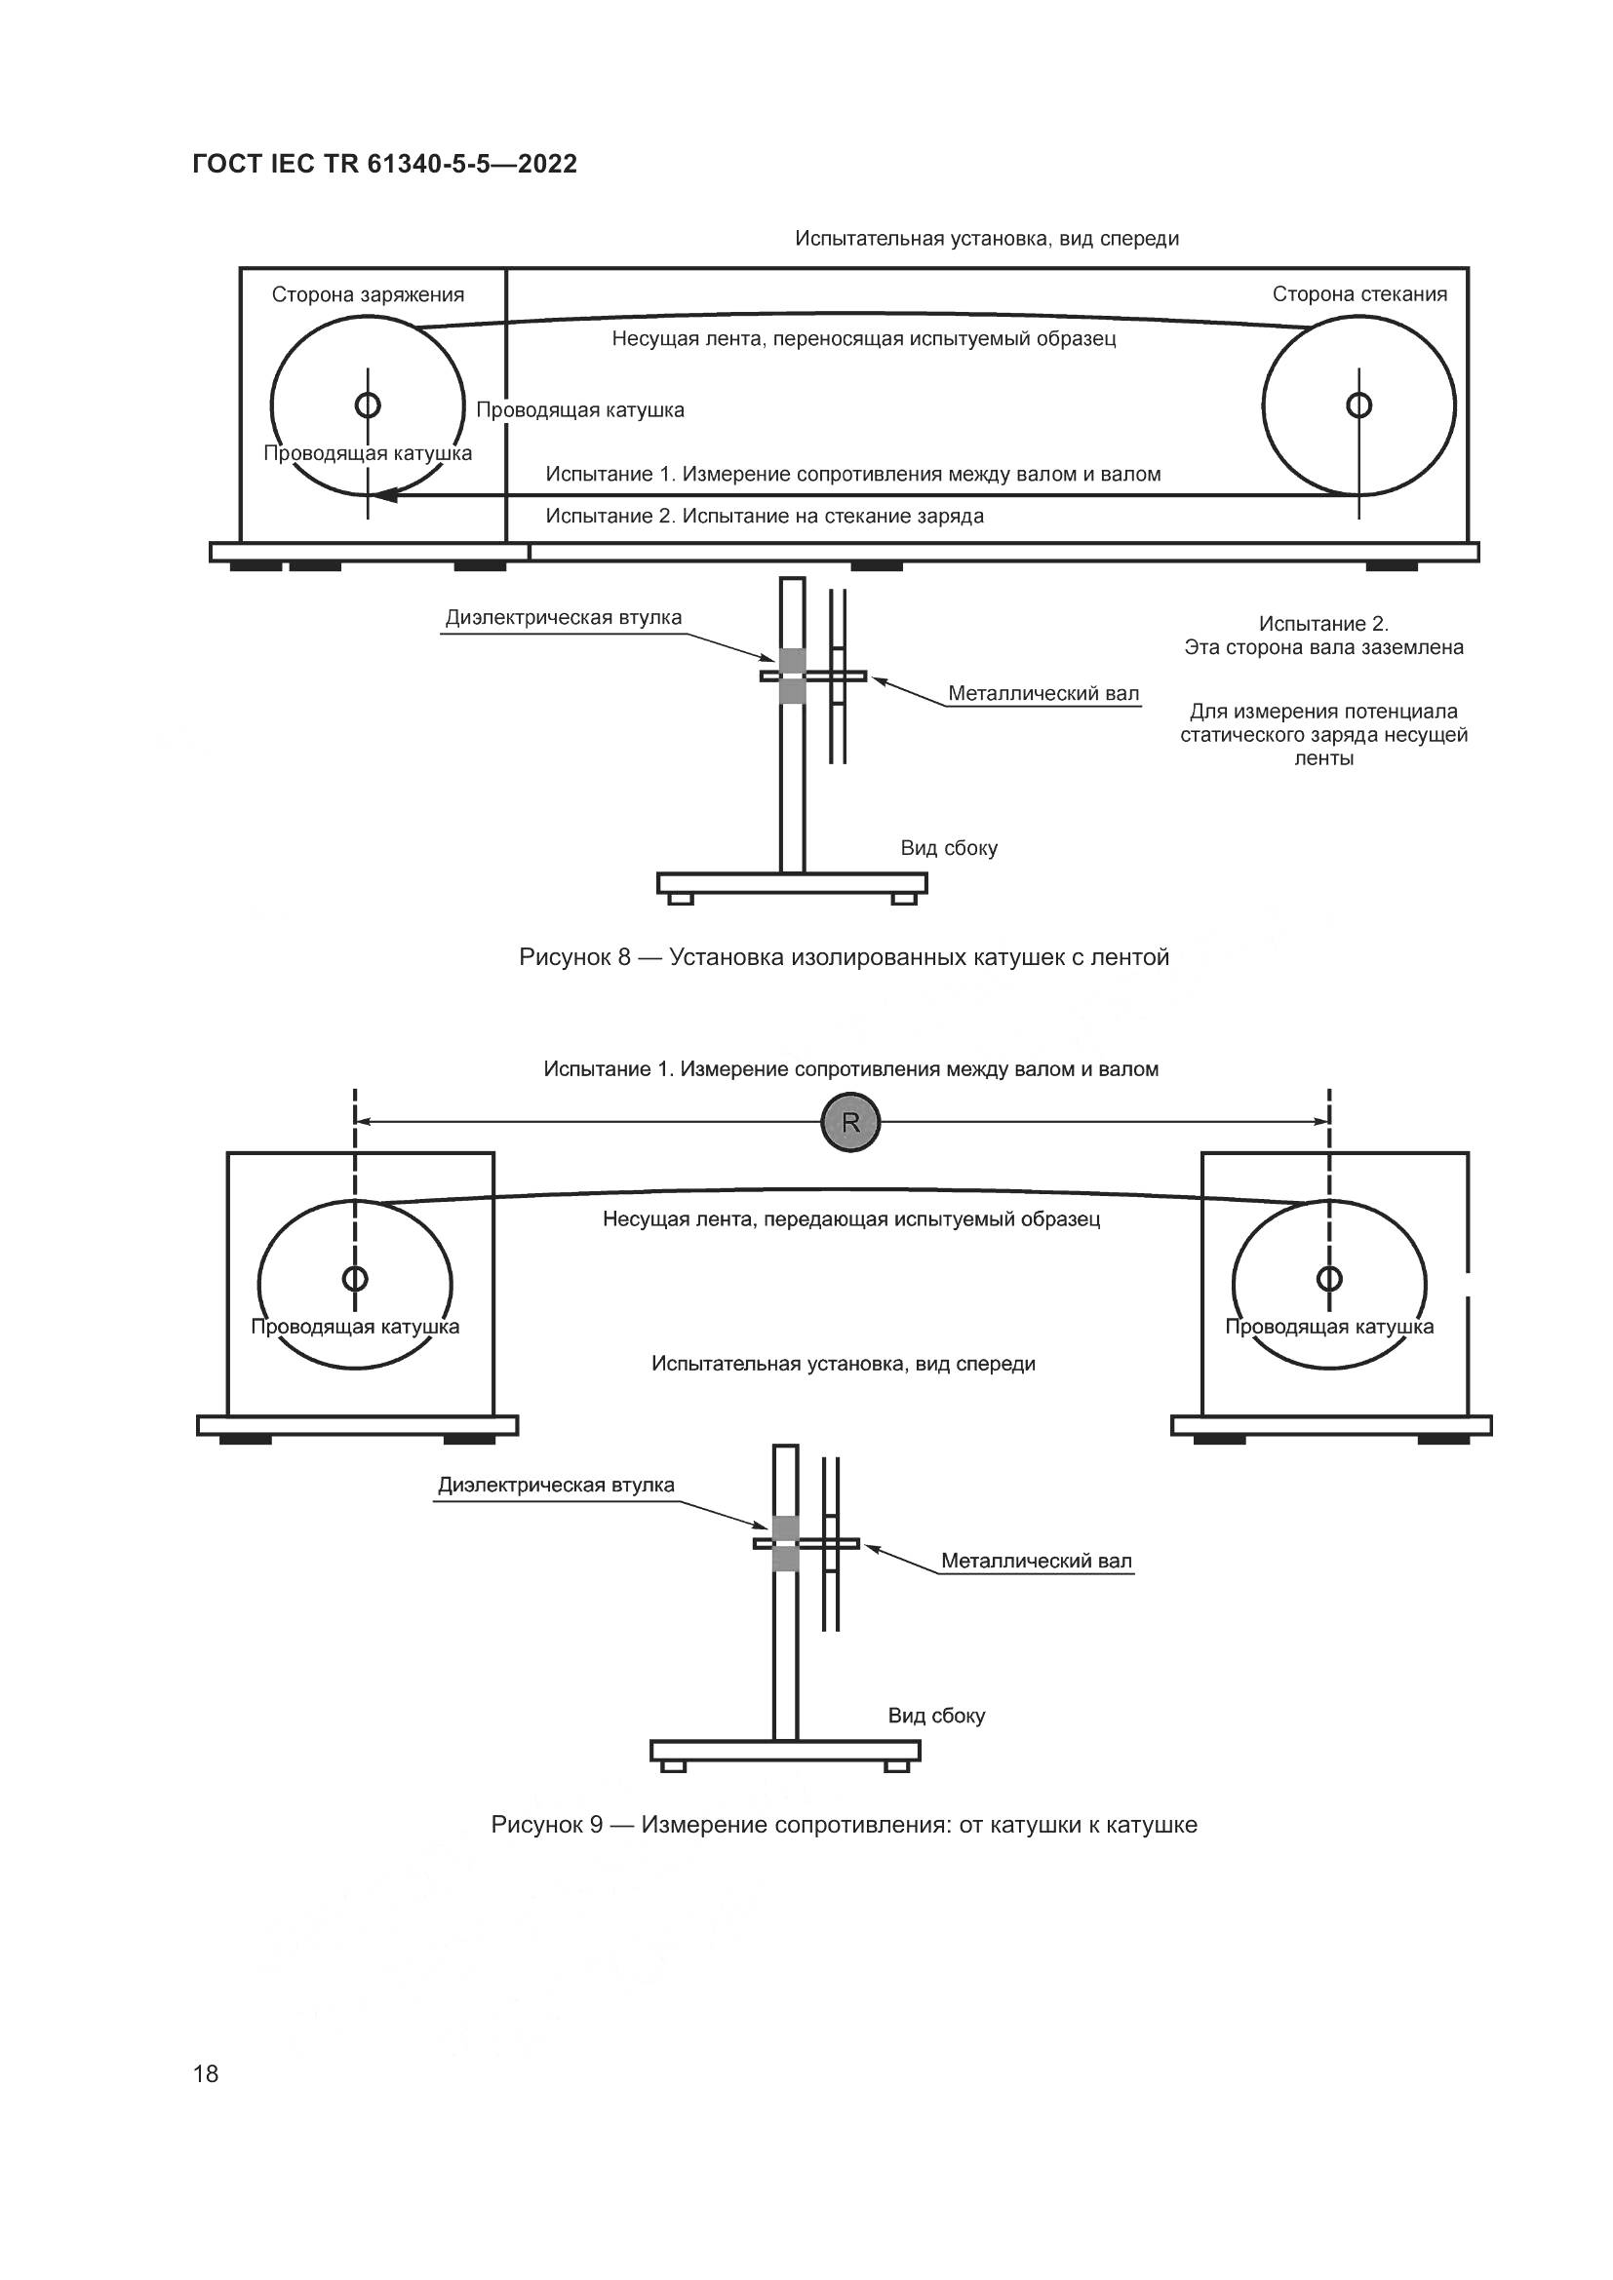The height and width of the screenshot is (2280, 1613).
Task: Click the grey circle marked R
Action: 850,1122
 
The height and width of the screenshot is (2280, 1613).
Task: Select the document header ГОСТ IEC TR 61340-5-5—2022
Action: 384,164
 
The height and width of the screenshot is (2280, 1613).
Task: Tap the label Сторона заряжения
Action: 368,295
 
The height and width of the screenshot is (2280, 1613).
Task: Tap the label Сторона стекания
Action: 1359,294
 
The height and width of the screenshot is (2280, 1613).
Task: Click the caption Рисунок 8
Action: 845,957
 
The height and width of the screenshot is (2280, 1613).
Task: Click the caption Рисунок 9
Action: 845,1825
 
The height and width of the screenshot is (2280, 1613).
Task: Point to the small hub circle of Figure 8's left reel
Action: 368,406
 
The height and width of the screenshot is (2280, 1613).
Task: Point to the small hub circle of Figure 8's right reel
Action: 1358,406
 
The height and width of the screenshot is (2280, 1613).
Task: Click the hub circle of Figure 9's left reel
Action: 355,1278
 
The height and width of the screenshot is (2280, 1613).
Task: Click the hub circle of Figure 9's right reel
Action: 1329,1278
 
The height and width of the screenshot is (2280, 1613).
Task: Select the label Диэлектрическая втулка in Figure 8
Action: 563,618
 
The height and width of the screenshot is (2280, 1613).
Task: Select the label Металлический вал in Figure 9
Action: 1036,1561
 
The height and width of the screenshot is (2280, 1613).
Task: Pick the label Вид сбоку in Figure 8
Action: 949,848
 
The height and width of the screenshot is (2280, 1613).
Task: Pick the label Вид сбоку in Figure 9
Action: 936,1716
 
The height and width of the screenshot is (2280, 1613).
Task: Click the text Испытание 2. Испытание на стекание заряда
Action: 765,517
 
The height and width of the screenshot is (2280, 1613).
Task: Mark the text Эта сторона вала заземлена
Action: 1324,647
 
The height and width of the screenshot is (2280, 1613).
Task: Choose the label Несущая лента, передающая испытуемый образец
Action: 851,1218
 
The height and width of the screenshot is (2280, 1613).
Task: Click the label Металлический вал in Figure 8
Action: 1043,693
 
